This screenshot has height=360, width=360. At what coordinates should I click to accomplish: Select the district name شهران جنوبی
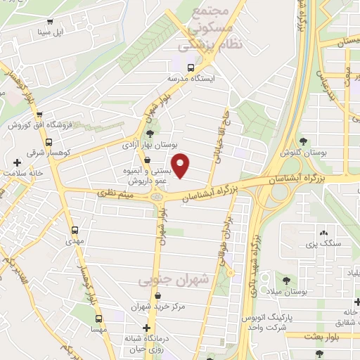184,280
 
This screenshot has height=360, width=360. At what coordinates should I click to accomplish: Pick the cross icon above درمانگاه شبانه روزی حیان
146,328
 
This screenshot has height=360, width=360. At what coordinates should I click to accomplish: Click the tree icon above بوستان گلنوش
304,142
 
